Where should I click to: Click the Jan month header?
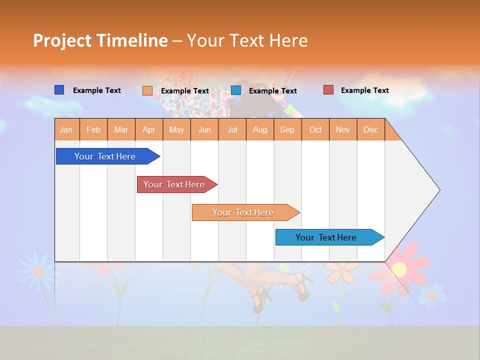(x=66, y=129)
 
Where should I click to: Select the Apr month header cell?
(x=148, y=129)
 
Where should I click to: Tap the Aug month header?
(x=259, y=129)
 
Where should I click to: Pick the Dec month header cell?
(x=370, y=129)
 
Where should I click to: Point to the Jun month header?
(x=204, y=129)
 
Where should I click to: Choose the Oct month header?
(x=315, y=129)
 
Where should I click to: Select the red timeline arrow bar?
(x=175, y=184)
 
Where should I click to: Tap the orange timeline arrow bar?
(x=244, y=212)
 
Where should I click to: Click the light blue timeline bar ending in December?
(x=327, y=237)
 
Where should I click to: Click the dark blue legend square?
(x=59, y=90)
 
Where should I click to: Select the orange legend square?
(x=147, y=90)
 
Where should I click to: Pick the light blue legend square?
(x=236, y=90)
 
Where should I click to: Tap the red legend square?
(x=328, y=90)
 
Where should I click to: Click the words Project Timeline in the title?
(x=100, y=40)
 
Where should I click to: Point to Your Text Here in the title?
(x=247, y=40)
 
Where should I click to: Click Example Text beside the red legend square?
(x=364, y=90)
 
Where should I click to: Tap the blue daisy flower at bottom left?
(x=37, y=271)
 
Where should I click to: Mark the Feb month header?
(x=93, y=129)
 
